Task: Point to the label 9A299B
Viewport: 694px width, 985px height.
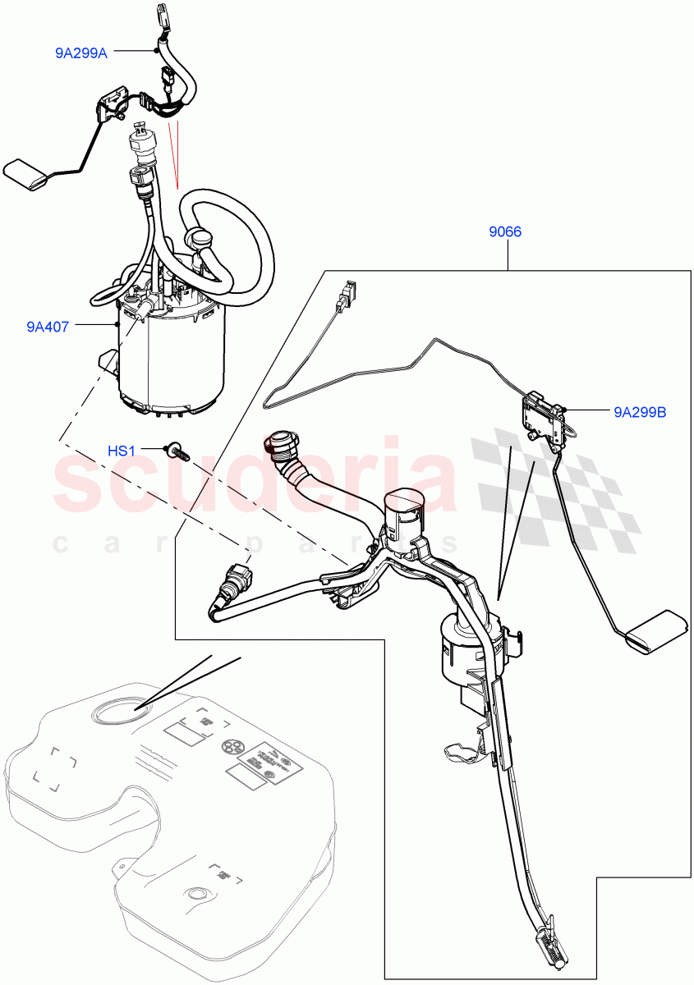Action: point(639,412)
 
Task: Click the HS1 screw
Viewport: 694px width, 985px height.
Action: point(176,451)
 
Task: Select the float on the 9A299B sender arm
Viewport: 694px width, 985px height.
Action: point(657,633)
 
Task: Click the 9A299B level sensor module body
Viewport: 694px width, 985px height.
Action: point(542,415)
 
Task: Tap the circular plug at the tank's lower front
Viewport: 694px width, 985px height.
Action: point(198,894)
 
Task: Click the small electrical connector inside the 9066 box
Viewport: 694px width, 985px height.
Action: point(349,293)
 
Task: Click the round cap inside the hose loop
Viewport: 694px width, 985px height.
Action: point(200,239)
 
